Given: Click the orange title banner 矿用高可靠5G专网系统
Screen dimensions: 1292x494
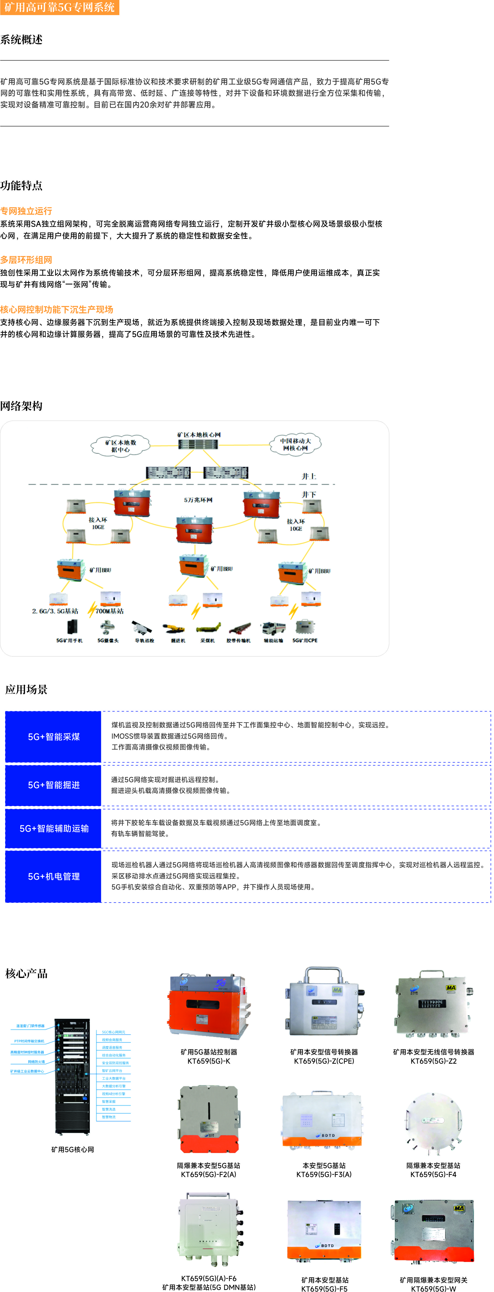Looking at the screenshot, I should tap(59, 7).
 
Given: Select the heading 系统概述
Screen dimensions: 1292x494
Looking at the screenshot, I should tap(22, 40).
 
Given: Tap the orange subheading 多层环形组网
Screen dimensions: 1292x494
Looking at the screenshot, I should tap(26, 260).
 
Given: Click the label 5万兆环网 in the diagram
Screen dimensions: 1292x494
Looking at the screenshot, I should tap(198, 500).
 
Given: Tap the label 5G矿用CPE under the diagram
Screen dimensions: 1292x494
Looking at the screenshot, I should tap(305, 640).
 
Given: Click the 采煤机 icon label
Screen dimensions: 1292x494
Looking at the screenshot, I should tap(208, 640).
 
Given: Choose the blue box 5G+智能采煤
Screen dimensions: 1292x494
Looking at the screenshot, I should tap(54, 737).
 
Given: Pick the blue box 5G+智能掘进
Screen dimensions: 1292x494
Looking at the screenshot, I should tap(54, 785).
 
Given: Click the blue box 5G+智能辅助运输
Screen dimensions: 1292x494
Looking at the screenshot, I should tap(54, 829).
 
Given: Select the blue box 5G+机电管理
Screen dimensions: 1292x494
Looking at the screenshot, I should tap(54, 876).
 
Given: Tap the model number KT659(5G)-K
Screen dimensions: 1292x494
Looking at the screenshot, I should tap(209, 1061).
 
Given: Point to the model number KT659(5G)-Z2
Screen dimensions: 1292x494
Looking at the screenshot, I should tap(433, 1061).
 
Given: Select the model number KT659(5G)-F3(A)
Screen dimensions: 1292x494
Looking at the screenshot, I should tap(324, 1174).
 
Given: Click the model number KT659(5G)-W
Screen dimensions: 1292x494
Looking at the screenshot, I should tap(433, 1288).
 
